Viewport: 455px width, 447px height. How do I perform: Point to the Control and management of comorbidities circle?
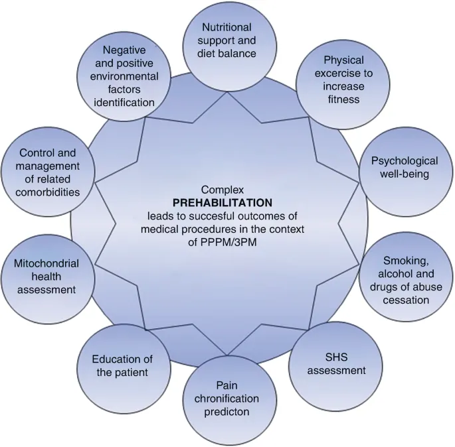tap(48, 172)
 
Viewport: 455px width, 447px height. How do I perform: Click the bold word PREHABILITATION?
tap(218, 202)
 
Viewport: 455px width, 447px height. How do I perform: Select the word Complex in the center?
tap(218, 189)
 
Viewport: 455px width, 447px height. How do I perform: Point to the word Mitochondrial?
tap(46, 263)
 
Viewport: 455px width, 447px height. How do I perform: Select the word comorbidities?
tap(49, 192)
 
